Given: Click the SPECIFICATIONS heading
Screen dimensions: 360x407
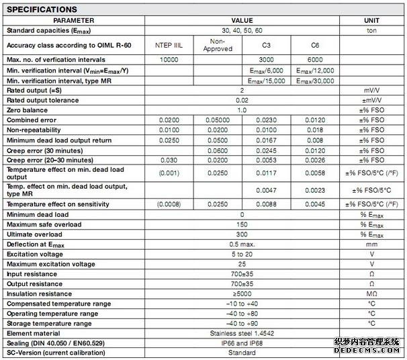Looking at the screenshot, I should (42, 9).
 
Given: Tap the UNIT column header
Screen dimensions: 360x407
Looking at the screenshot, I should (371, 21).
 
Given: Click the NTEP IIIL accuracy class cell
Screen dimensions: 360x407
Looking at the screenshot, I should (169, 45).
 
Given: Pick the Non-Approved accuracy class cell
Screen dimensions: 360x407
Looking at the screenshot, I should (218, 45).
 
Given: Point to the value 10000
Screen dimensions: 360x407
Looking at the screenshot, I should (169, 60).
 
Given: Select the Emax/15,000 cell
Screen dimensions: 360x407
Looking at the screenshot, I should (267, 81).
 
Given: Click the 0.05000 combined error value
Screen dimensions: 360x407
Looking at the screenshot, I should (218, 120).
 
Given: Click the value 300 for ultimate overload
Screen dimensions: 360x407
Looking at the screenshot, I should (242, 235).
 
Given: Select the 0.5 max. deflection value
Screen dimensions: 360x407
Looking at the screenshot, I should (242, 245).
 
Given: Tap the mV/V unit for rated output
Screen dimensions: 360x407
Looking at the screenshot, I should (371, 90).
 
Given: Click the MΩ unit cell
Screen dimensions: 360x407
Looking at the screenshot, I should (371, 294).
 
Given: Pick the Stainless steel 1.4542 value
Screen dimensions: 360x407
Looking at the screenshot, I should (242, 333).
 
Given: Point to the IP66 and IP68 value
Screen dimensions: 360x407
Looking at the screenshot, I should (242, 343).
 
